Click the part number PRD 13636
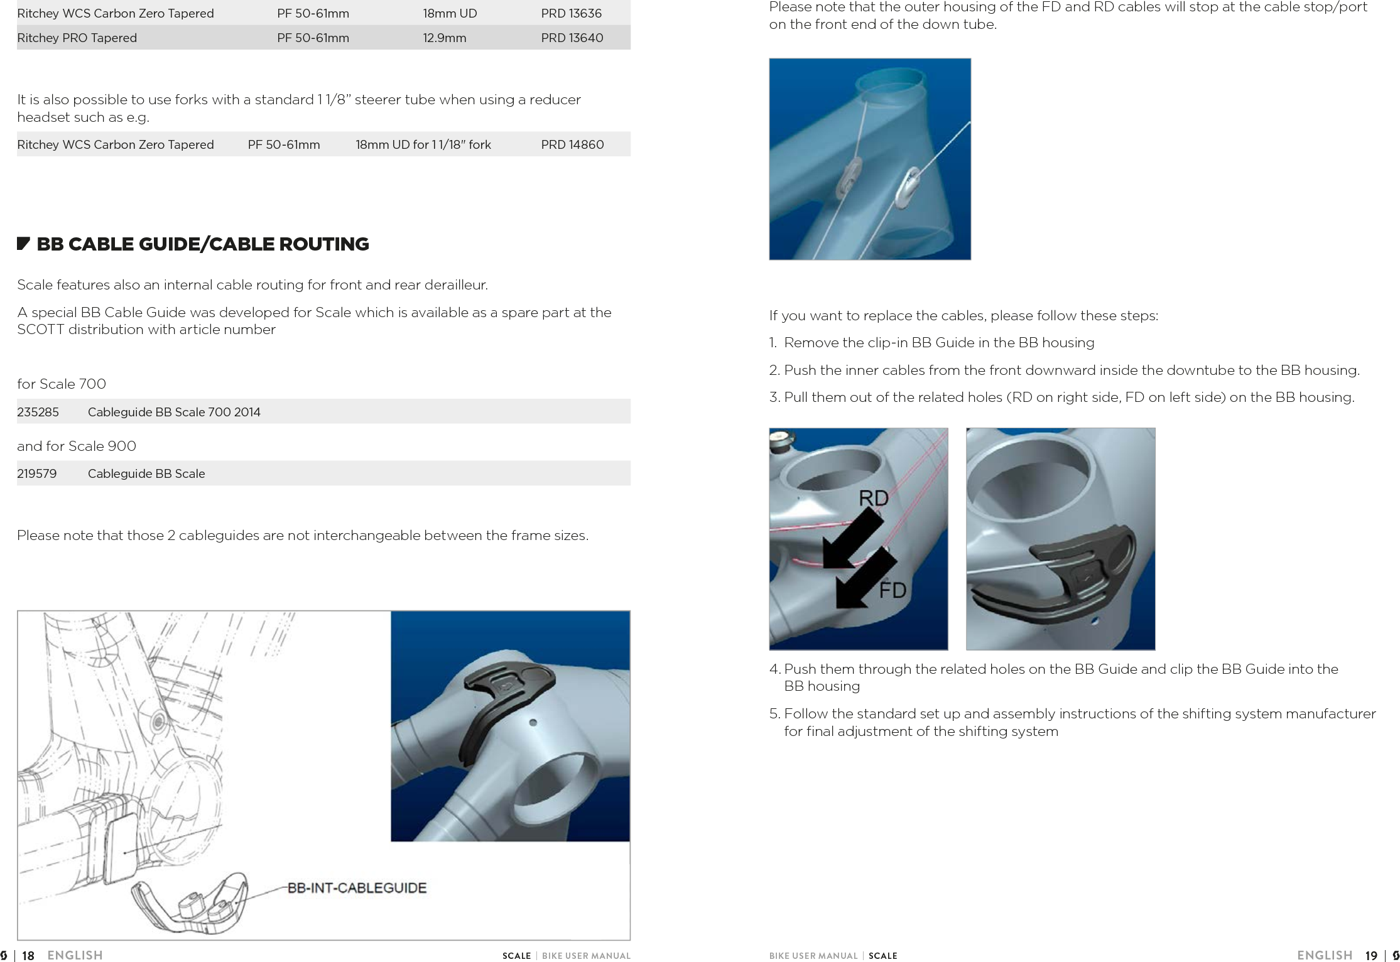pos(571,13)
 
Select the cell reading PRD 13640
pos(572,38)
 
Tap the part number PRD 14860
pos(572,144)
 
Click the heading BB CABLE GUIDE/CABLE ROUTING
pos(202,244)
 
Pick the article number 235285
pos(38,412)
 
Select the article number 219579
pos(36,473)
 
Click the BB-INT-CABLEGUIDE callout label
pos(357,888)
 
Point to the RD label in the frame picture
pos(873,498)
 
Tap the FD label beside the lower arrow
pos(892,590)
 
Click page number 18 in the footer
pos(28,956)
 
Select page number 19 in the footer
pos(1371,956)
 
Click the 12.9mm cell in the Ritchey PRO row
pos(444,38)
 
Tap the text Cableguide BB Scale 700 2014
pos(174,412)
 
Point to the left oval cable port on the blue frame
pos(850,176)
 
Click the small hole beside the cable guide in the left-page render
pos(533,723)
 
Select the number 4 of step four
pos(774,669)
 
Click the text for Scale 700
pos(62,384)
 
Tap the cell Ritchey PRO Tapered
pos(77,38)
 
